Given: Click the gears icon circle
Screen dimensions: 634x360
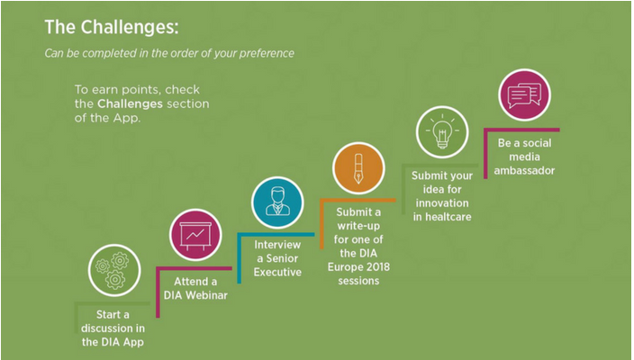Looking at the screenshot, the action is coord(114,270).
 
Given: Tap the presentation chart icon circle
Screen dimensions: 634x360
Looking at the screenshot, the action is coord(195,235).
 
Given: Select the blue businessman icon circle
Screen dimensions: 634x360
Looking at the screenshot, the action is coord(277,202).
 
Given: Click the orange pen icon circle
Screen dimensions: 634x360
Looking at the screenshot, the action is coord(358,168).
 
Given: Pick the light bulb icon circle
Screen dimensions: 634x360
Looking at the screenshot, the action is coord(442,132).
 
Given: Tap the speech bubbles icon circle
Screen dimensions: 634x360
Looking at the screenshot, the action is coord(524,94).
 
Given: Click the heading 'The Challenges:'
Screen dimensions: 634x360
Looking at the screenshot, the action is coord(112,28).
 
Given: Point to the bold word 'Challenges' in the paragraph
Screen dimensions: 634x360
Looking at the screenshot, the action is coord(131,103).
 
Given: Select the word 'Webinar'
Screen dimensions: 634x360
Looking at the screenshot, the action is coord(206,295).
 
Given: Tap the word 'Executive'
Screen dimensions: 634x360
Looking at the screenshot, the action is coord(277,273).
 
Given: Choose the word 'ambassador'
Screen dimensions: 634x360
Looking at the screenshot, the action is coord(524,170).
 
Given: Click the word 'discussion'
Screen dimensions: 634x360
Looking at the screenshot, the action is coord(103,328).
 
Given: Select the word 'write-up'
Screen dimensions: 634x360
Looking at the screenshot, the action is coord(358,226).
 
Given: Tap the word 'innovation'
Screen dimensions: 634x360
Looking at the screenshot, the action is coord(442,203).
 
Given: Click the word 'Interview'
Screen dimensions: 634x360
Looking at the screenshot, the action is coord(277,245).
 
